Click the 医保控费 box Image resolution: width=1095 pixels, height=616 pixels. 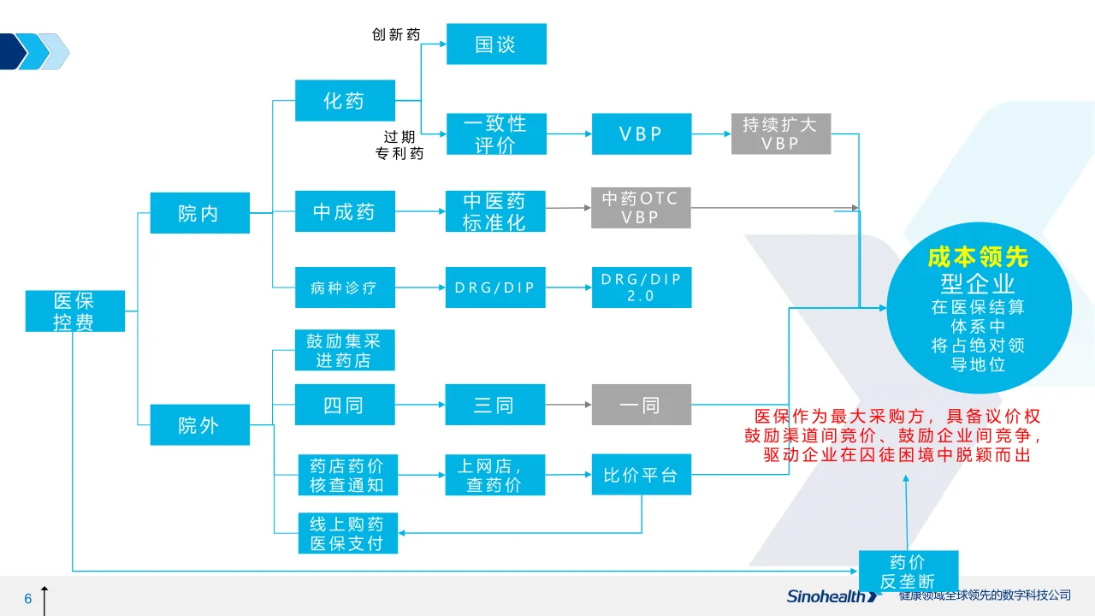[75, 311]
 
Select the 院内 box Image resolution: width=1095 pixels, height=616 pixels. [200, 213]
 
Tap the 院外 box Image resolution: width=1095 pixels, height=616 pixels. [200, 425]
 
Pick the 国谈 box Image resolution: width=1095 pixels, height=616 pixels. [497, 44]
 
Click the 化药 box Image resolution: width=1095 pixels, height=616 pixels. [345, 100]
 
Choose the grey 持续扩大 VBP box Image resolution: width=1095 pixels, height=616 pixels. [781, 134]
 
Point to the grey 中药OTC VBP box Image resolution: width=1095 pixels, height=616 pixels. [641, 208]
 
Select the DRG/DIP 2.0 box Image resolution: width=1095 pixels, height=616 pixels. [642, 287]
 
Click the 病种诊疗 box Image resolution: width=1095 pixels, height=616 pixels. [345, 287]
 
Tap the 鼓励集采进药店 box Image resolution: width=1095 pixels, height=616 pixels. [345, 350]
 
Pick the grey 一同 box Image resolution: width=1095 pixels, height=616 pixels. [642, 405]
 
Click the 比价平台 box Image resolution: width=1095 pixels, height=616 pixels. [642, 474]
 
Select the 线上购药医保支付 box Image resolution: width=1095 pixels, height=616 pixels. [348, 533]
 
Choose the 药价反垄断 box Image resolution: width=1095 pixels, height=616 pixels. [909, 571]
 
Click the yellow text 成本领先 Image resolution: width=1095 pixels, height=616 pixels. [978, 258]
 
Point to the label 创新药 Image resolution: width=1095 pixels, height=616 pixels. [396, 34]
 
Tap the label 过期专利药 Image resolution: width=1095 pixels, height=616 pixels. [400, 145]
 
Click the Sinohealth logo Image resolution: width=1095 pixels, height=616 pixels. [832, 596]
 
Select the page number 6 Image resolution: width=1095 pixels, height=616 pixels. [28, 598]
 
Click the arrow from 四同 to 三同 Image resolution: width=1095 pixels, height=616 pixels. [420, 405]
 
